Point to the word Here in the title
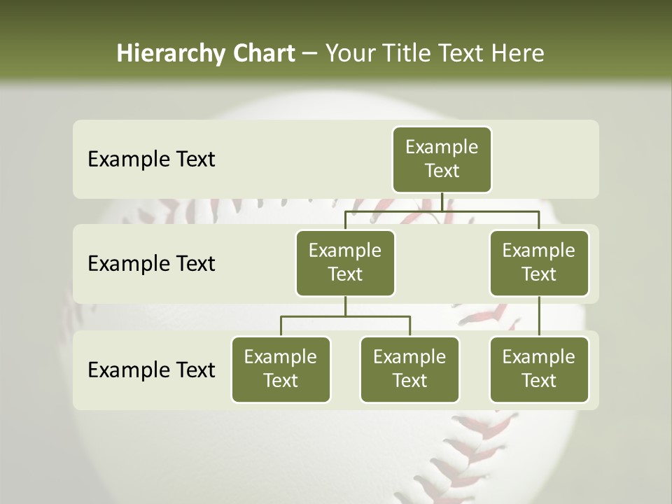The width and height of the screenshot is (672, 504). coord(519,54)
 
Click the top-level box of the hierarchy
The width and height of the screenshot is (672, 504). coord(442,159)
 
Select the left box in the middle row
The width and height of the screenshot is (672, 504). coord(345,262)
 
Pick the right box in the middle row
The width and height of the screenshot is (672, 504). coord(539,262)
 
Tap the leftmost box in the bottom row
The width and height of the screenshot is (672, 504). coord(281,369)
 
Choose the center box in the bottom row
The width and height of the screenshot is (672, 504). coord(409,369)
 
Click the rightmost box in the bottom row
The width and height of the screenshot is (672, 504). coord(539,369)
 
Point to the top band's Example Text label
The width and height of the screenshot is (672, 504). coord(151,160)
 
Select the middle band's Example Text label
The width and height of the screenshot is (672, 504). coord(151,264)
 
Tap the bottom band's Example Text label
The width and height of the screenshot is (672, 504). coord(151,370)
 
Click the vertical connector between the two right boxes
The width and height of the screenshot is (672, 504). coord(539,316)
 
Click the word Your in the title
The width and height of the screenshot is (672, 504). coord(349,54)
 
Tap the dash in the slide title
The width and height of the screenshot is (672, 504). coord(310,54)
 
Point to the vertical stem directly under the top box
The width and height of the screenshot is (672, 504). coord(442,202)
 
